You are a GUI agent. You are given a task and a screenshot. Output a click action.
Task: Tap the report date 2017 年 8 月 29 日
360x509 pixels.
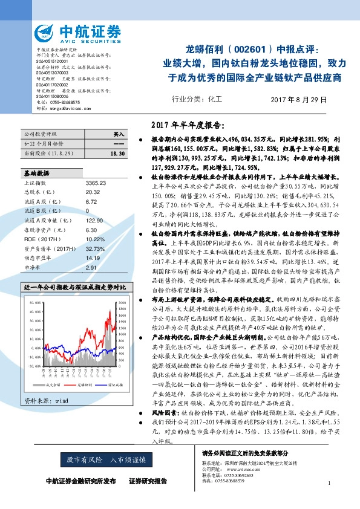[x=298, y=99]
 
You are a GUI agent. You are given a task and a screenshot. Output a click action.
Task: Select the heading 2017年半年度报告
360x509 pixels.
[x=189, y=126]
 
